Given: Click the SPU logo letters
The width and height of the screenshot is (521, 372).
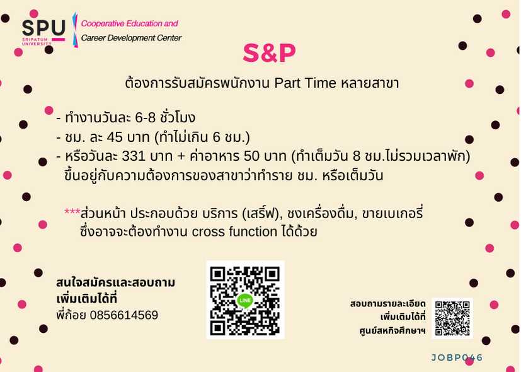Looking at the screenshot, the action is click(43, 28).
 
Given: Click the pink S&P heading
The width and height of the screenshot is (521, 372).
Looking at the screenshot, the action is click(269, 53).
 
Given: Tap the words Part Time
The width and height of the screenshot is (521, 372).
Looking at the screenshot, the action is click(305, 83).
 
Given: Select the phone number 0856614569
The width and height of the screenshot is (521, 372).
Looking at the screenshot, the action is click(124, 315).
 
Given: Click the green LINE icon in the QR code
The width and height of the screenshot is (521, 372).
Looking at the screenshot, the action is click(245, 300).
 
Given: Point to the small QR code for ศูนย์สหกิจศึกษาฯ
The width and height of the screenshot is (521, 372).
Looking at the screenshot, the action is click(452, 318).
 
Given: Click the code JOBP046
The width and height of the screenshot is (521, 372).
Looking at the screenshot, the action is click(457, 357).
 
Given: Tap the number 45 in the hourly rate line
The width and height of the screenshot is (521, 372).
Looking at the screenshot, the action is click(115, 137).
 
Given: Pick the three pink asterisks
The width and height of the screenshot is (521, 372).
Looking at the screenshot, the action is click(72, 212).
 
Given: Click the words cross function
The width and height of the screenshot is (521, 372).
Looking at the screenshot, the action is click(234, 231).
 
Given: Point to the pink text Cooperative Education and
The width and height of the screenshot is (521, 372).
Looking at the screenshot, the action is click(130, 23).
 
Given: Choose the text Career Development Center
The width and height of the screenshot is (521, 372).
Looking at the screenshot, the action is click(131, 38).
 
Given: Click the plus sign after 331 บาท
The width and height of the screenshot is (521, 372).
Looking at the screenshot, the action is click(181, 156).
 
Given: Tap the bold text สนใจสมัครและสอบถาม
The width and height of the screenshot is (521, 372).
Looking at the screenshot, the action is click(116, 282).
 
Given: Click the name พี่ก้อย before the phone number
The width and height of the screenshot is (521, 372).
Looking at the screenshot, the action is click(71, 314).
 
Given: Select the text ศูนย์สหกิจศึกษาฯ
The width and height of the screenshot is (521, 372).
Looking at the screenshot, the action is click(392, 331).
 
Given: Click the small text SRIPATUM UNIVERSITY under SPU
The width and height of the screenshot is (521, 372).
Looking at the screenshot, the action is click(37, 42).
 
